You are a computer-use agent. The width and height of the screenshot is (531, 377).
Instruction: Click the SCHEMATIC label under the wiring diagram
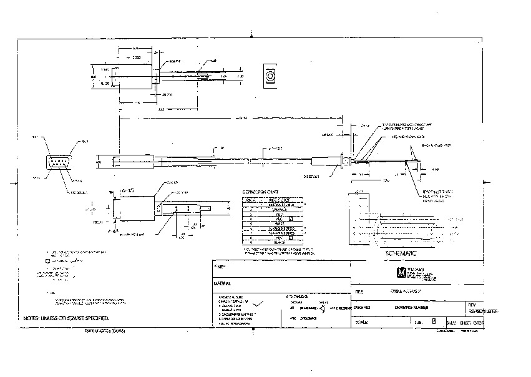[x=400, y=254]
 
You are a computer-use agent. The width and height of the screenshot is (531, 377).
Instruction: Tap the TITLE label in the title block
[x=358, y=291]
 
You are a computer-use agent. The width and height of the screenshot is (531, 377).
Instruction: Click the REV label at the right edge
[x=472, y=305]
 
